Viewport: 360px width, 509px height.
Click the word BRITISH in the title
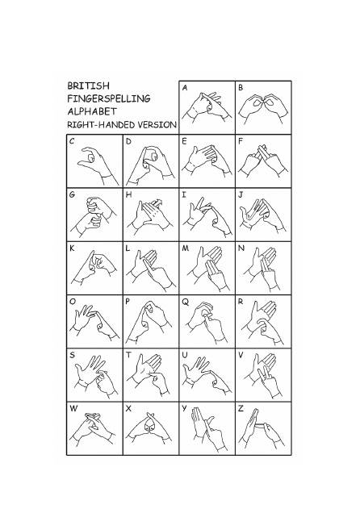[88, 86]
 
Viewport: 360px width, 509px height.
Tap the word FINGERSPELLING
[109, 98]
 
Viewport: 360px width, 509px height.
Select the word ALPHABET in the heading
[92, 111]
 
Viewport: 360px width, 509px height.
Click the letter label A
[185, 88]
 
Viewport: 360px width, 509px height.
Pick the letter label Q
[185, 302]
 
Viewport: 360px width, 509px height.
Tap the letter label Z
[241, 408]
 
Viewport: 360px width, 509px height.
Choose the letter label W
[73, 408]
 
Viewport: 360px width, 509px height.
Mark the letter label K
[72, 248]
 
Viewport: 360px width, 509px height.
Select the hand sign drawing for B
[263, 108]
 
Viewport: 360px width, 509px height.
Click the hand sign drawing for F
[263, 161]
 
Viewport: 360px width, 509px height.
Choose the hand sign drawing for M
[208, 269]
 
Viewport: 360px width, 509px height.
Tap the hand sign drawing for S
[95, 377]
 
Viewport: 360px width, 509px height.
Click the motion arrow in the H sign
[157, 202]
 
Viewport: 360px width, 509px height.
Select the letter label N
[241, 248]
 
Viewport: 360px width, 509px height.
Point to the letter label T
[128, 355]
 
